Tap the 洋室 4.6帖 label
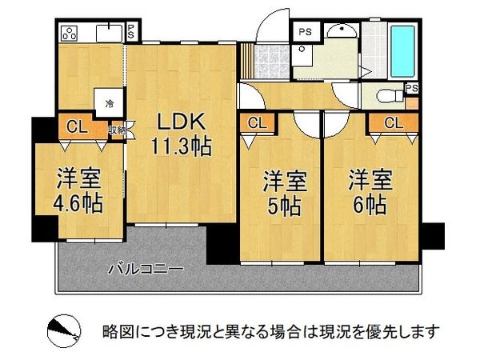[x=78, y=190]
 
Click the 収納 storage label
[x=117, y=128]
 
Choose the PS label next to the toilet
[x=411, y=89]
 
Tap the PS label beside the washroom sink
[x=304, y=32]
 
